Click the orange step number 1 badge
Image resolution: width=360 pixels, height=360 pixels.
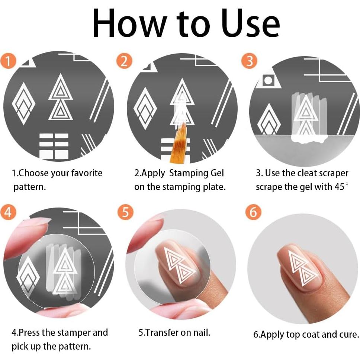[x=8, y=61]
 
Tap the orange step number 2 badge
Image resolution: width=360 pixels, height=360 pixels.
[x=125, y=61]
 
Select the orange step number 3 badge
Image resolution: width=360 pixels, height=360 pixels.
[x=249, y=61]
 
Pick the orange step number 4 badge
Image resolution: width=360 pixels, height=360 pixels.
[x=8, y=212]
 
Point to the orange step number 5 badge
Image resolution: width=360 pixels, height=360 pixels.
[x=125, y=212]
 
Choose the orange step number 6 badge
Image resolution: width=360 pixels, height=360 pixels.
[x=253, y=212]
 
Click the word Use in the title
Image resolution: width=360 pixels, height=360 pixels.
[x=251, y=23]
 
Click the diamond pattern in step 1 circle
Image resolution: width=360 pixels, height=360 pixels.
[x=24, y=103]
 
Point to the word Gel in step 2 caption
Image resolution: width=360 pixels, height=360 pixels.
[x=217, y=173]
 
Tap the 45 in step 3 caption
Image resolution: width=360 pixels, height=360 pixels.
[x=340, y=187]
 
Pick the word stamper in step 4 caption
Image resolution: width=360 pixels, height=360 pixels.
[x=73, y=333]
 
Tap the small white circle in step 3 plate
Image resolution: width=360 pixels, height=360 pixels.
[x=268, y=81]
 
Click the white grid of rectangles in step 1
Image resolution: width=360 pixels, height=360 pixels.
[x=54, y=146]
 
